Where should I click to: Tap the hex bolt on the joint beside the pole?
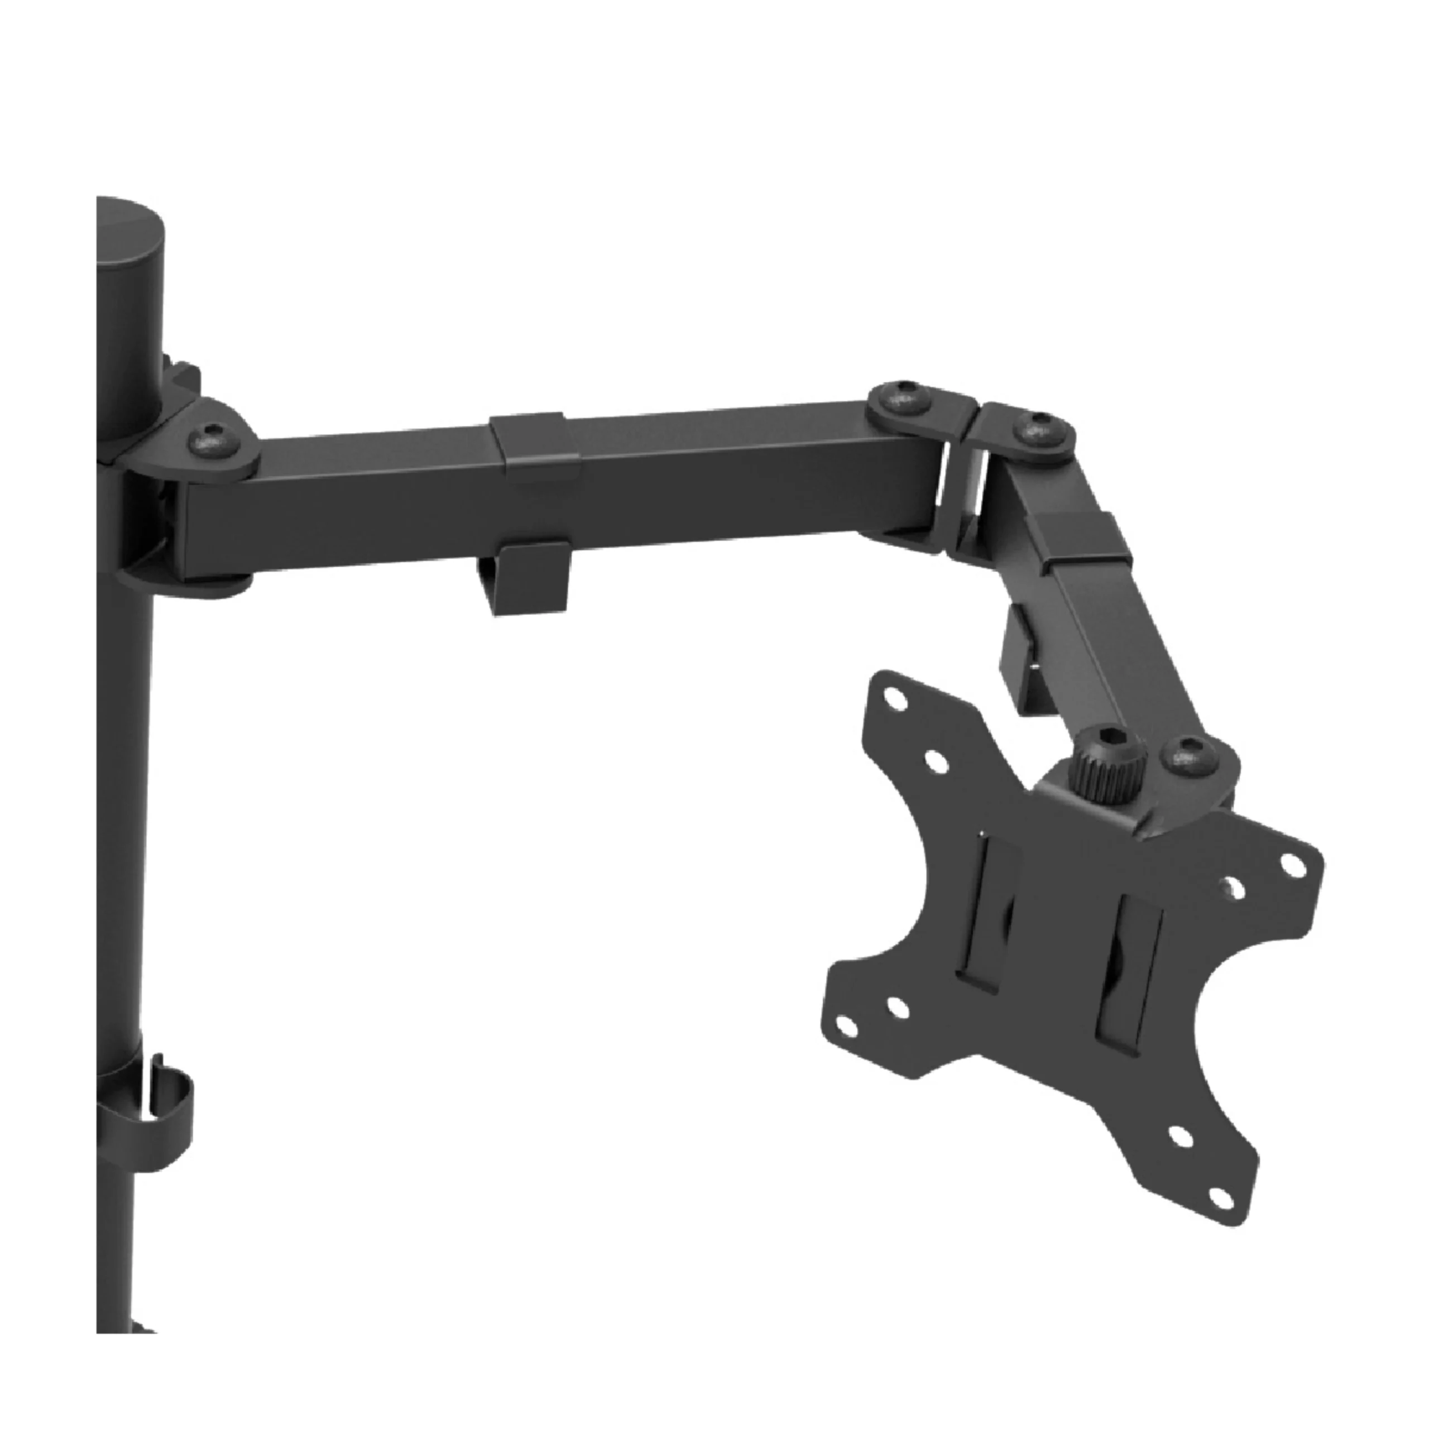tap(212, 439)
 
